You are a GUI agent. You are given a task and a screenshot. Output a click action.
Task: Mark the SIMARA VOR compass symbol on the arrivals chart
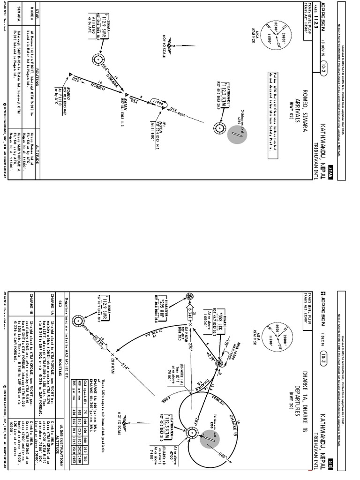(x=97, y=59)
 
